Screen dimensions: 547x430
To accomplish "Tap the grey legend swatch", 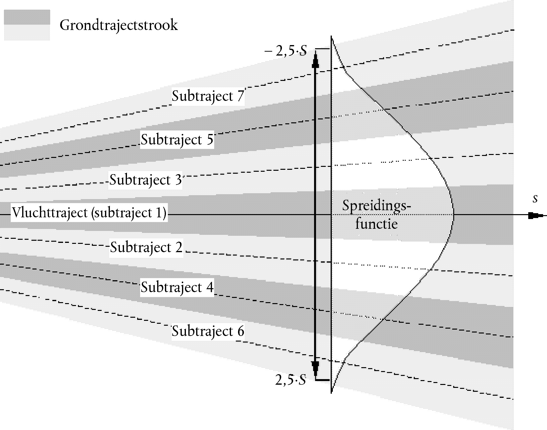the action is tap(27, 25).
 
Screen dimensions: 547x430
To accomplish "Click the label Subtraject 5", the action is tap(177, 140).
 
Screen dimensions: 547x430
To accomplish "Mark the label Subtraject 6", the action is tap(208, 331).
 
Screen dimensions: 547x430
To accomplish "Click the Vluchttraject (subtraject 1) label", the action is tap(89, 213).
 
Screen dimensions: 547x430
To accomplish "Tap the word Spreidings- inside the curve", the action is tap(377, 206).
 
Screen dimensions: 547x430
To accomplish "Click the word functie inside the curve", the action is tap(377, 224).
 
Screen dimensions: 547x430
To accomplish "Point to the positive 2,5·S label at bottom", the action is tap(291, 380).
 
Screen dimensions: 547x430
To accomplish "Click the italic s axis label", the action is tap(535, 199).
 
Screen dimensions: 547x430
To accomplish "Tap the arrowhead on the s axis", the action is tap(535, 216).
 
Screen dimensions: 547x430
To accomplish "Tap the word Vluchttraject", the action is tap(50, 213).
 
